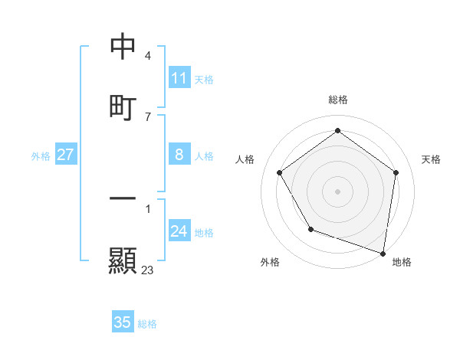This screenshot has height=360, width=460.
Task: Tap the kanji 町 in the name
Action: click(123, 106)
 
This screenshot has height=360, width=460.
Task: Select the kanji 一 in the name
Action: click(123, 198)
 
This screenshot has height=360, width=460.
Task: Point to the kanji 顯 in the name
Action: click(123, 260)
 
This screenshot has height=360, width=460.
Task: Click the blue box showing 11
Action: click(179, 78)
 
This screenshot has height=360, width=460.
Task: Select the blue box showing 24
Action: click(179, 231)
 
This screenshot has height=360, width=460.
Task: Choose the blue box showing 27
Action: click(66, 155)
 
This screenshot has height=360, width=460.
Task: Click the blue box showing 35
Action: click(123, 322)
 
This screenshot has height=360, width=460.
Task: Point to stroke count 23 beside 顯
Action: click(148, 270)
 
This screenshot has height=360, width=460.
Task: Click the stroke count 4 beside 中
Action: click(148, 56)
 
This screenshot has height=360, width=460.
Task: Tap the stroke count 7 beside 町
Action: click(148, 116)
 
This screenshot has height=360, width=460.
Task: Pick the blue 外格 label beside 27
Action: click(41, 155)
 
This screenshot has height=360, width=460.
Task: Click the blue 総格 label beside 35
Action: click(147, 323)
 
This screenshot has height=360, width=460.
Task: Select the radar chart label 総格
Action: click(337, 100)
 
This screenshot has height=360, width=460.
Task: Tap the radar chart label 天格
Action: click(431, 159)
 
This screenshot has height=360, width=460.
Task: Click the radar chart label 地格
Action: click(402, 262)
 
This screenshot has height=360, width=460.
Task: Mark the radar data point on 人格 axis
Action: click(279, 172)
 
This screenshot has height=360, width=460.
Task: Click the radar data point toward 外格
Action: click(310, 228)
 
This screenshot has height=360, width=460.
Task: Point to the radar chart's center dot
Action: click(337, 191)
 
